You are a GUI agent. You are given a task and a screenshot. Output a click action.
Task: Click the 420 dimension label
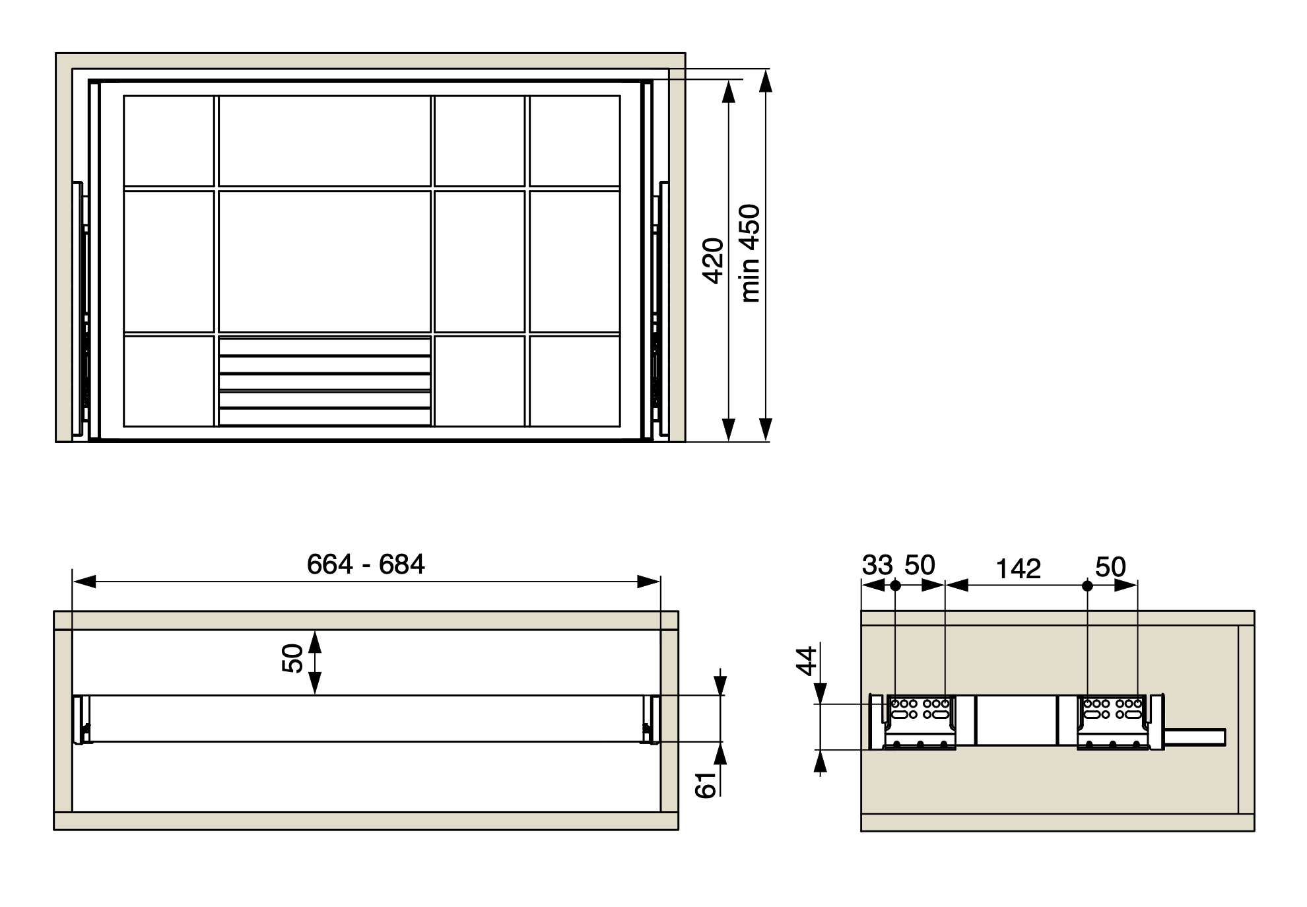(714, 261)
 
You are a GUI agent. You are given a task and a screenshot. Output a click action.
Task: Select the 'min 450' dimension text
(750, 253)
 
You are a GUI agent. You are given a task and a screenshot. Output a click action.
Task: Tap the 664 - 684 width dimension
(366, 564)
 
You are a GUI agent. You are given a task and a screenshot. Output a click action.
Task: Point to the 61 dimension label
(706, 785)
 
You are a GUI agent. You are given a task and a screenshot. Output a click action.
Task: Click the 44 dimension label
(807, 661)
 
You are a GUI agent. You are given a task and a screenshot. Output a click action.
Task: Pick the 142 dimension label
(1018, 569)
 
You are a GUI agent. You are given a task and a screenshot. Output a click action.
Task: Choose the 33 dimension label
(877, 565)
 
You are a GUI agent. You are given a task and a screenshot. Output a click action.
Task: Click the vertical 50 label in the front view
(292, 659)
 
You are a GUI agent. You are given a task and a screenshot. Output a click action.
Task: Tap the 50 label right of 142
(1110, 567)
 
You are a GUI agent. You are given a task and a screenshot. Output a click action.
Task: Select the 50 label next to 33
(920, 565)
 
